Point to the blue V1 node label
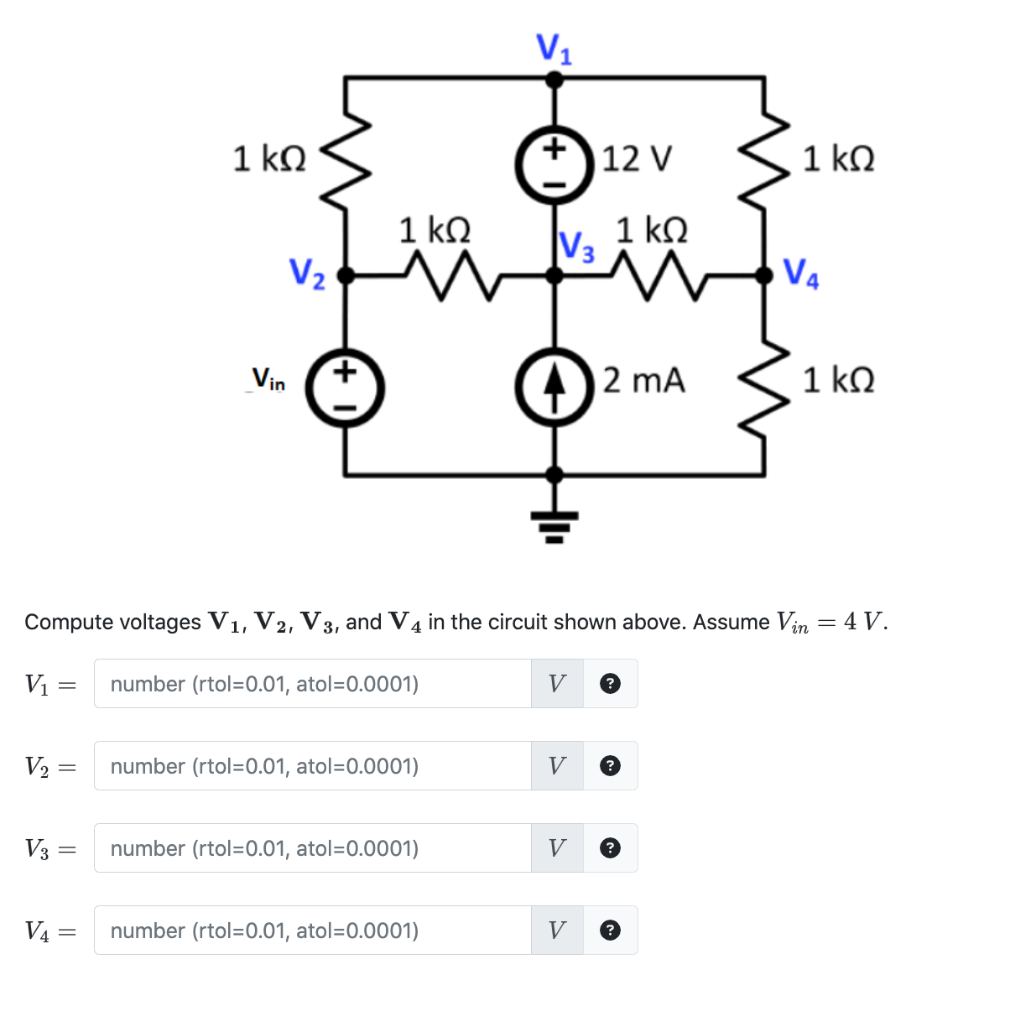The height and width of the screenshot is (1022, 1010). point(554,49)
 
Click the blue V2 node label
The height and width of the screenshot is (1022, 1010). point(307,274)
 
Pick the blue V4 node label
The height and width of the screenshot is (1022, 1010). point(801,274)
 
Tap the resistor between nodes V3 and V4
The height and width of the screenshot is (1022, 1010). point(659,275)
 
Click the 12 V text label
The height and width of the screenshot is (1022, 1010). point(637,158)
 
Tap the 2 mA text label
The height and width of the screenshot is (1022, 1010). point(643,380)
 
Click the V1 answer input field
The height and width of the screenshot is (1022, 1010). point(312,684)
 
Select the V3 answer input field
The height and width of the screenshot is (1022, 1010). point(312,848)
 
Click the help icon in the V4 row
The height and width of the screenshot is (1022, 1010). point(612,931)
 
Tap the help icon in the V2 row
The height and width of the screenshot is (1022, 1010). point(612,766)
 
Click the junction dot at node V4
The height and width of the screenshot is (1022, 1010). point(763,275)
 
